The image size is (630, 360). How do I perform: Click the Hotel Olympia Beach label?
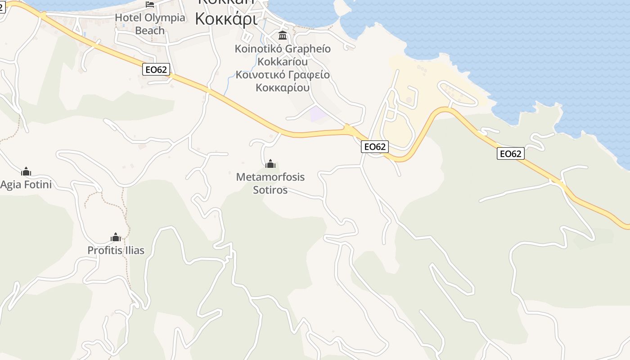click(150, 24)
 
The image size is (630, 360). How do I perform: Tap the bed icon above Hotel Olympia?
click(150, 4)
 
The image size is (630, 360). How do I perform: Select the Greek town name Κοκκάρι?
click(226, 18)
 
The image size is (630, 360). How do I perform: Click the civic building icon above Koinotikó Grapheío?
click(283, 36)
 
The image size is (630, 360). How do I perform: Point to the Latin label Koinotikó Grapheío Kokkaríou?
click(283, 55)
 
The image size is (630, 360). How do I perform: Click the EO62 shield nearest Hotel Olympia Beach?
click(156, 69)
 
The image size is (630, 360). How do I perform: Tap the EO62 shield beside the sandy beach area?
click(374, 147)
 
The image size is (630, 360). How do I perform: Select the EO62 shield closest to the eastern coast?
click(510, 154)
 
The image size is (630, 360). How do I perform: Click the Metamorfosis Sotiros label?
click(270, 183)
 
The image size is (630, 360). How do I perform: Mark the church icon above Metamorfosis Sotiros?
click(270, 164)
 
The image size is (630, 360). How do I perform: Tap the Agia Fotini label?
click(26, 184)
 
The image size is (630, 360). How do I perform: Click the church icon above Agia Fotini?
click(26, 171)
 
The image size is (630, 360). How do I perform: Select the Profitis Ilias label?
click(116, 250)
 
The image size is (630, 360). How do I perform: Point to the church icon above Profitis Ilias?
click(116, 237)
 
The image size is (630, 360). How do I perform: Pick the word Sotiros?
click(270, 190)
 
